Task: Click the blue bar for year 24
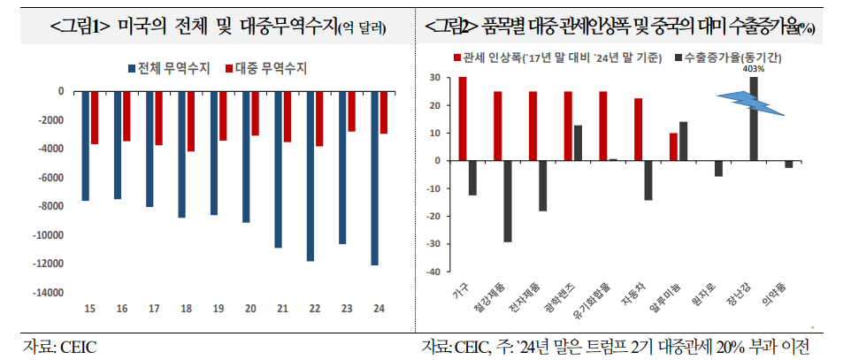coord(374,178)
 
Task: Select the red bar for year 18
coord(189,121)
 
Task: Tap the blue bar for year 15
coord(86,146)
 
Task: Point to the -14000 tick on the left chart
coord(48,293)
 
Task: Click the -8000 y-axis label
coord(50,206)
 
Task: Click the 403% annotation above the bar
coord(753,71)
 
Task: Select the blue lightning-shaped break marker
coord(749,104)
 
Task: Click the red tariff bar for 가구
coord(463,119)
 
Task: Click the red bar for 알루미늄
coord(673,147)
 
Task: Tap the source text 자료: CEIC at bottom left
coord(59,345)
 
